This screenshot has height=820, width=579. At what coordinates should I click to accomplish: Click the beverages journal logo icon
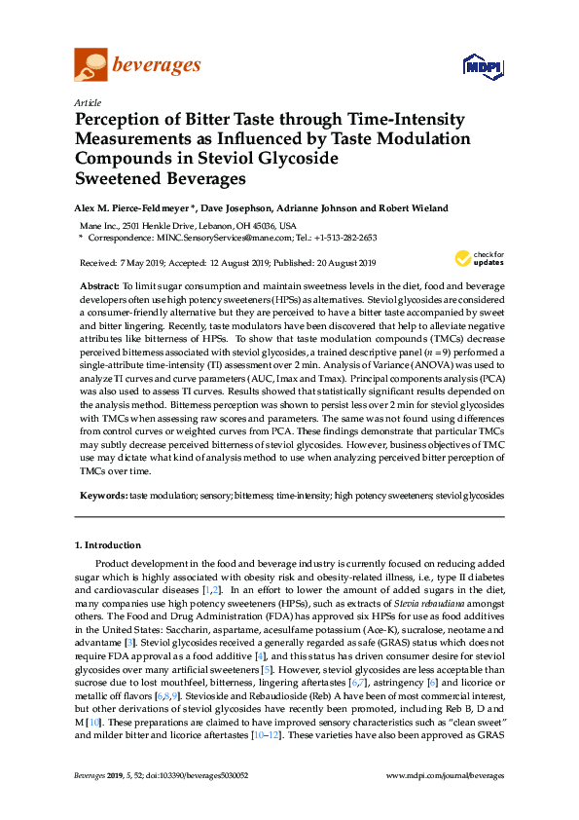pyautogui.click(x=90, y=66)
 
